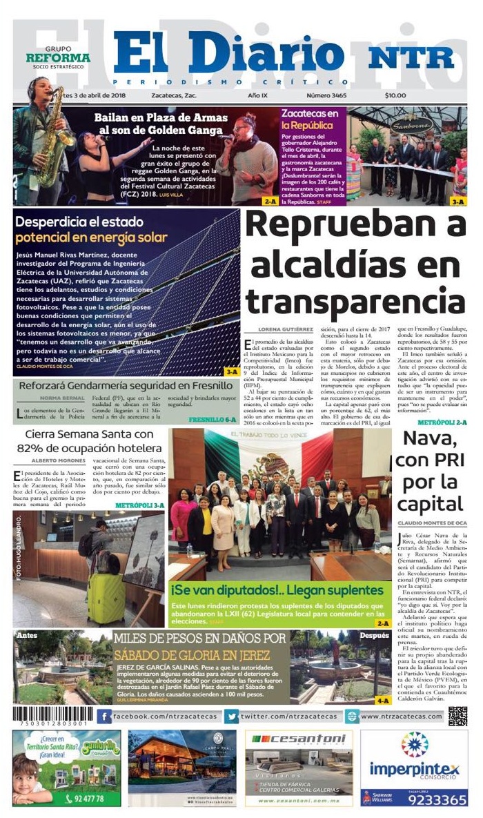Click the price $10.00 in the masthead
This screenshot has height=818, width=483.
coord(395,96)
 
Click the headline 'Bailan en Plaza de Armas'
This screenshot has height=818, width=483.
coord(159,123)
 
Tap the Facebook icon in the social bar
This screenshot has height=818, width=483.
coord(105,717)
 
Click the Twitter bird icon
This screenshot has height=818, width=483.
coord(232,717)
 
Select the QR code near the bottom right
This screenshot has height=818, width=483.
coord(457,717)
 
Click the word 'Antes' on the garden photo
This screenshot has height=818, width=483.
coord(26,636)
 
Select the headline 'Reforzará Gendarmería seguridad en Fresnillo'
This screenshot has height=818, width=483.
coord(126,385)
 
